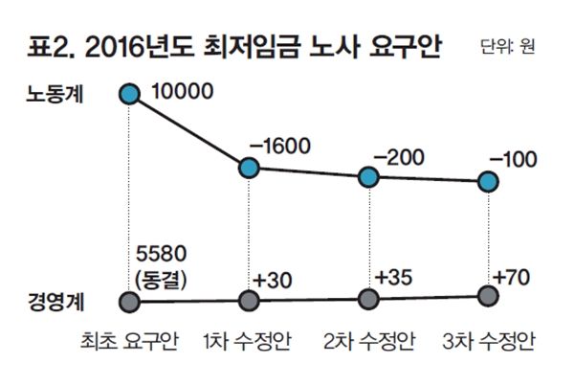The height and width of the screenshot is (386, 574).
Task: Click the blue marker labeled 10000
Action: (x=129, y=94)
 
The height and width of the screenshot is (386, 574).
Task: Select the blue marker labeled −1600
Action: (x=250, y=169)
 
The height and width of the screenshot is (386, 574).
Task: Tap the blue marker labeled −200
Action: (x=369, y=177)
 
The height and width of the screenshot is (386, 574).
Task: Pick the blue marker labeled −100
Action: (x=488, y=181)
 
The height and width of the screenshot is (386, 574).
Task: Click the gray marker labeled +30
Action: (x=250, y=301)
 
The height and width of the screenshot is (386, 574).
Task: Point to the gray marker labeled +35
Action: (x=369, y=299)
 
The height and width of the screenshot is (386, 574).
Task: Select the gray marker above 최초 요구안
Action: (x=129, y=302)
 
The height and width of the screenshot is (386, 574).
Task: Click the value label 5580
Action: (x=164, y=258)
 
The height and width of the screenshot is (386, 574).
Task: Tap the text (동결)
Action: (x=164, y=280)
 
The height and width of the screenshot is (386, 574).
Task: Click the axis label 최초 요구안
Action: (x=130, y=342)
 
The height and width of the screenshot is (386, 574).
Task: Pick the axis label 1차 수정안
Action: (x=250, y=342)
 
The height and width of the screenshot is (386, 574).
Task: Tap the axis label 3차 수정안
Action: (x=488, y=342)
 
